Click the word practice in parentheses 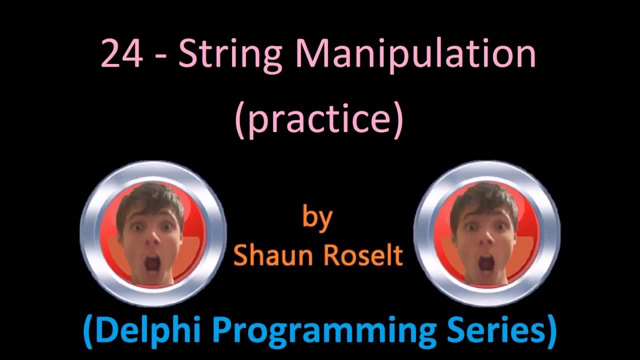[318, 120]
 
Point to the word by [317, 219]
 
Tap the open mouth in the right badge [486, 263]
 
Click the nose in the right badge [487, 240]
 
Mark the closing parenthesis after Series [550, 331]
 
